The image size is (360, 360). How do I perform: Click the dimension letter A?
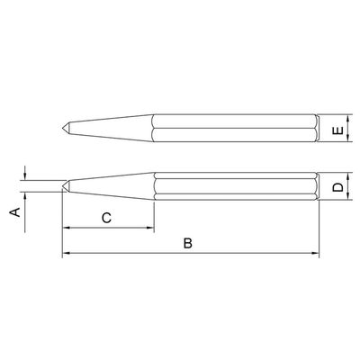[15, 212]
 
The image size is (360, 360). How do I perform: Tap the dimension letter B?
[188, 243]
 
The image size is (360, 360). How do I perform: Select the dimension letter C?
[106, 218]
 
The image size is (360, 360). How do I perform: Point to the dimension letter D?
[338, 187]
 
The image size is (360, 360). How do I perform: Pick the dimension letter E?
[338, 130]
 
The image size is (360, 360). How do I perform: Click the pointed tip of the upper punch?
[63, 128]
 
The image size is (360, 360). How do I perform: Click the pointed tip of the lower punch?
[63, 186]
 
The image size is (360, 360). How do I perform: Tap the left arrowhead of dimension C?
[66, 228]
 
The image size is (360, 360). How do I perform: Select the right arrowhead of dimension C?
[150, 228]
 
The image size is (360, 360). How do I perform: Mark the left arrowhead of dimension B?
[66, 254]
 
